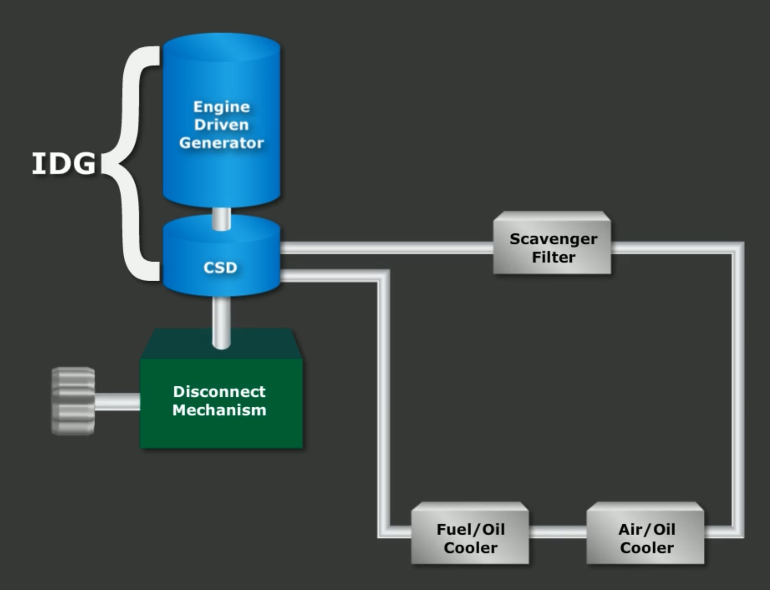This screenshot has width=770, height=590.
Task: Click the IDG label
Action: (x=64, y=164)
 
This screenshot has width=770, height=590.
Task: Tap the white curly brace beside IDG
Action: (x=131, y=164)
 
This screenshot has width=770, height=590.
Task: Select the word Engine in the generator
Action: (x=221, y=107)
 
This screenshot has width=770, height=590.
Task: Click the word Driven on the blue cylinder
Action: (x=221, y=125)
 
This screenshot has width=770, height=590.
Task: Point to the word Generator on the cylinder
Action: (x=221, y=143)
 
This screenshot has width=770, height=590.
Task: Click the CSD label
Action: (x=220, y=267)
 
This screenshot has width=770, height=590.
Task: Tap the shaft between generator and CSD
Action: (x=221, y=219)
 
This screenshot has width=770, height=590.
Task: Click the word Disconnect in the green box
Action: (x=219, y=391)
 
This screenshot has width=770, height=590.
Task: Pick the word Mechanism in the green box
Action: (x=219, y=410)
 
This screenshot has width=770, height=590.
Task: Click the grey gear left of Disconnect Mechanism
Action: (x=73, y=401)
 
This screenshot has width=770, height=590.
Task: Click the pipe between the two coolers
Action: (x=558, y=532)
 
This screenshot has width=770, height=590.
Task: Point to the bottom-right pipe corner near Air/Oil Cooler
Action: (x=737, y=531)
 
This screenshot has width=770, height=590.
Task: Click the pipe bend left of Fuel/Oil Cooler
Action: (x=384, y=531)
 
